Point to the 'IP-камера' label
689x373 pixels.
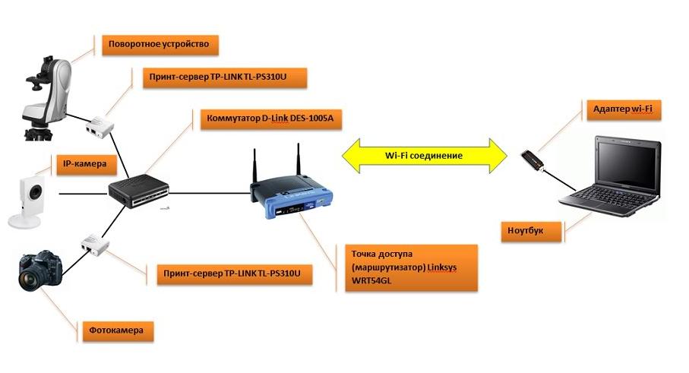84,163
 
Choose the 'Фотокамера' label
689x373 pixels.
116,331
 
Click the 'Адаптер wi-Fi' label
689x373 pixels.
622,110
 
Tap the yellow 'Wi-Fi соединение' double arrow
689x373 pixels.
422,155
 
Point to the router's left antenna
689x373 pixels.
254,167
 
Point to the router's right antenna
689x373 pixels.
297,161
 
